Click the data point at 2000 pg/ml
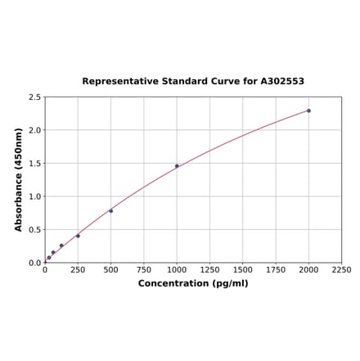pyautogui.click(x=308, y=111)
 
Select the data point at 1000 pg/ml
pyautogui.click(x=177, y=166)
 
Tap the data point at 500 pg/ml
pyautogui.click(x=111, y=211)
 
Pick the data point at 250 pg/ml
pyautogui.click(x=79, y=236)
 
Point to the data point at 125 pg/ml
pyautogui.click(x=61, y=246)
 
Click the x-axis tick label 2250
pyautogui.click(x=341, y=269)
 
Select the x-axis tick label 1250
pyautogui.click(x=209, y=269)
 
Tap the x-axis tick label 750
pyautogui.click(x=144, y=269)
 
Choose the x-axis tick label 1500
pyautogui.click(x=243, y=269)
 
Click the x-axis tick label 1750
pyautogui.click(x=276, y=269)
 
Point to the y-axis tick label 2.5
pyautogui.click(x=34, y=97)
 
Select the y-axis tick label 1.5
pyautogui.click(x=34, y=164)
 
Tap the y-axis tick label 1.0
pyautogui.click(x=34, y=196)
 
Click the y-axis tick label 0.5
pyautogui.click(x=34, y=230)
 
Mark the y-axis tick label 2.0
pyautogui.click(x=34, y=130)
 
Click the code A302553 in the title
pyautogui.click(x=282, y=82)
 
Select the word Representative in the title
pyautogui.click(x=119, y=82)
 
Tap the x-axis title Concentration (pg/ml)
pyautogui.click(x=193, y=283)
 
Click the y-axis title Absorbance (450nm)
pyautogui.click(x=19, y=179)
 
